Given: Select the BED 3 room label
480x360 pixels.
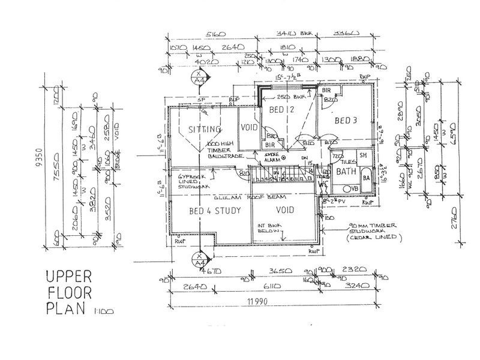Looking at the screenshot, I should pos(346,121).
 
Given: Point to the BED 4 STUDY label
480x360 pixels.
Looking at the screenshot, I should pos(207,211).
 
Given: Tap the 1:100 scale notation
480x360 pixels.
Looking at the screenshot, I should pos(99,311).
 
